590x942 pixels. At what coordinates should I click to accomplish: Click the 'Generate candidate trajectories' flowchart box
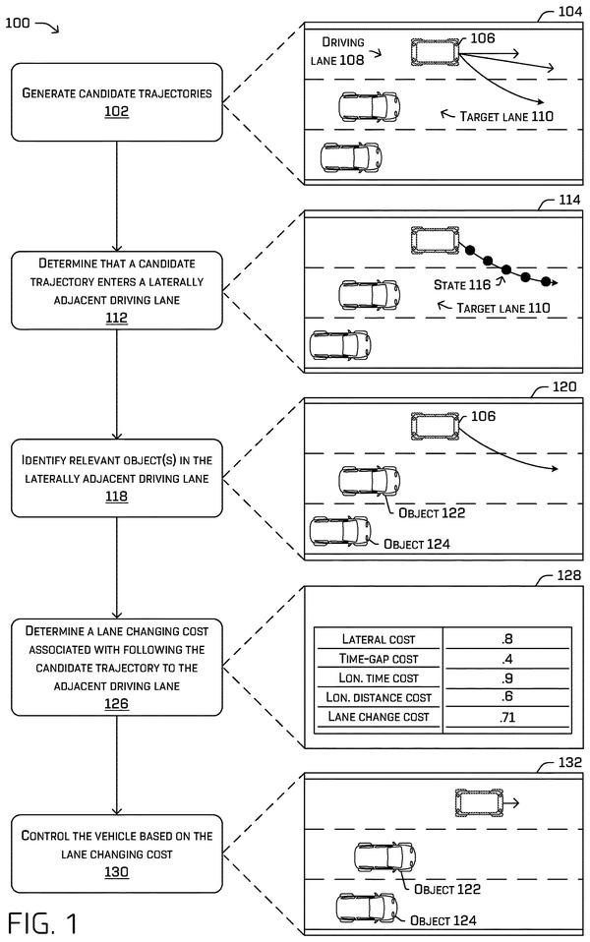coord(117,102)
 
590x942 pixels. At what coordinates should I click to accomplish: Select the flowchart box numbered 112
coord(117,290)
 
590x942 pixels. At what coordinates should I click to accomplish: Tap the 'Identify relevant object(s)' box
coord(117,478)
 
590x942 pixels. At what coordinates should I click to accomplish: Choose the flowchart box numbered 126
coord(117,668)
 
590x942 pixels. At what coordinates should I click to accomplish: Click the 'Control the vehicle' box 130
coord(117,854)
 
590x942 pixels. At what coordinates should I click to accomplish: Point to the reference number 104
coord(569,11)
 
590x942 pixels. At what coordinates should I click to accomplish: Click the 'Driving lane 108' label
coord(337,51)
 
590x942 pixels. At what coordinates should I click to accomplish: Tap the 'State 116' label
coord(462,285)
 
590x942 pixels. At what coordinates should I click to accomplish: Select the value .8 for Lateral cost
coord(507,639)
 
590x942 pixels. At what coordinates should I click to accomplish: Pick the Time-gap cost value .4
coord(507,659)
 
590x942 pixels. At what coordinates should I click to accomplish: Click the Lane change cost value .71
coord(507,717)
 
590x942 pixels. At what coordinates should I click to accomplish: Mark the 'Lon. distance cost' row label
coord(379,697)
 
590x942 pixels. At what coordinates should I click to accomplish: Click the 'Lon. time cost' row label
coord(379,678)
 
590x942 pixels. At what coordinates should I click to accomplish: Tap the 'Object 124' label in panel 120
coord(417,545)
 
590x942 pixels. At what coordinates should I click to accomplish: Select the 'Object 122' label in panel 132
coord(447,889)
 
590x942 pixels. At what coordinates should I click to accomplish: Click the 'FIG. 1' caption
coord(42,923)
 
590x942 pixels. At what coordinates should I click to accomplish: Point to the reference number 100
coord(18,23)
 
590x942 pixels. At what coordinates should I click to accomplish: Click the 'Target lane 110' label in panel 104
coord(506,117)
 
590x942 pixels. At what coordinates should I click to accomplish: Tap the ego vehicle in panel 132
coord(478,803)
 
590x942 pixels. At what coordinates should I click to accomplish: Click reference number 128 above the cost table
coord(569,575)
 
